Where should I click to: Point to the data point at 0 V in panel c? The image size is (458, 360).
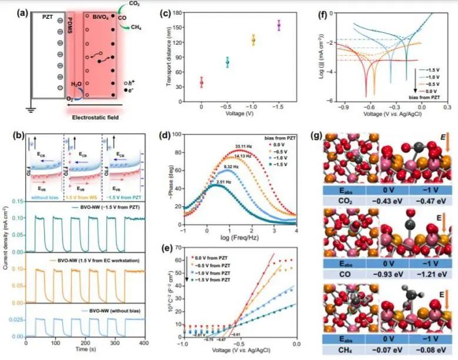[x=202, y=82]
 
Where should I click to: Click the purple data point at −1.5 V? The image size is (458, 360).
[x=279, y=25]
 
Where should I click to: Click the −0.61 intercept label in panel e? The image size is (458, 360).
[x=242, y=334]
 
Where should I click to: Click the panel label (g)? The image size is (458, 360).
[x=317, y=136]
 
